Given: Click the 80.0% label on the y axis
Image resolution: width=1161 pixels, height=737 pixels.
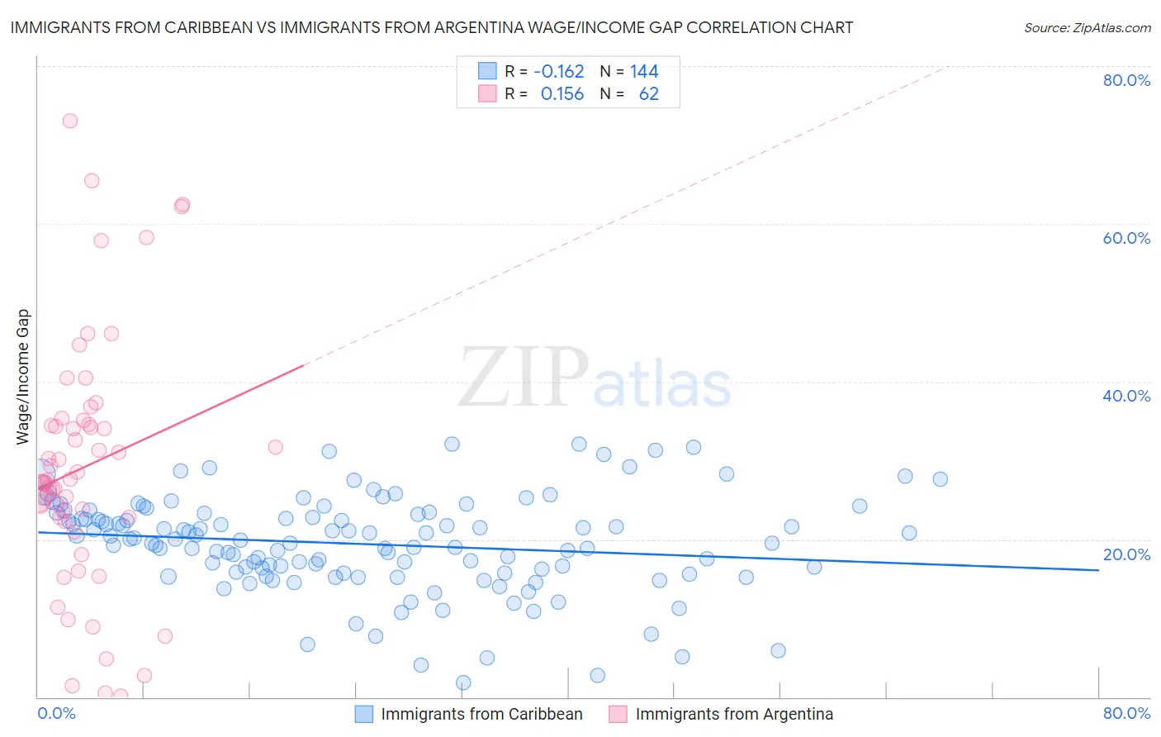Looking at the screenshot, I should pyautogui.click(x=1126, y=80).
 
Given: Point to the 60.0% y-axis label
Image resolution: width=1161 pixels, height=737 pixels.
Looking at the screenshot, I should pyautogui.click(x=1126, y=238).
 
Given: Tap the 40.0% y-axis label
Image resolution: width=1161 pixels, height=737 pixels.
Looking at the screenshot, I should pyautogui.click(x=1126, y=396).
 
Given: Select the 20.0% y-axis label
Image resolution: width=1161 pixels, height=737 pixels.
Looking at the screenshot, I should pyautogui.click(x=1126, y=554).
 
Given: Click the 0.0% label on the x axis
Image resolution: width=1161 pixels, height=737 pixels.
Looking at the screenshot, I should pyautogui.click(x=56, y=713).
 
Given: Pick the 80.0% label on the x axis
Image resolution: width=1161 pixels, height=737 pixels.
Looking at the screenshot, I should pyautogui.click(x=1126, y=713).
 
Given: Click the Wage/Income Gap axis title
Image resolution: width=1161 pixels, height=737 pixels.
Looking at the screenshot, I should pyautogui.click(x=23, y=377).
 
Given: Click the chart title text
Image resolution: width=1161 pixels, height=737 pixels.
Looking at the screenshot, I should pyautogui.click(x=432, y=27).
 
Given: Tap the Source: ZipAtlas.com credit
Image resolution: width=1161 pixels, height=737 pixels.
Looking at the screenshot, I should pyautogui.click(x=1087, y=27).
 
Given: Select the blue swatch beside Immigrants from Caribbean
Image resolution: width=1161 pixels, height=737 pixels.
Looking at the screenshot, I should pyautogui.click(x=364, y=714).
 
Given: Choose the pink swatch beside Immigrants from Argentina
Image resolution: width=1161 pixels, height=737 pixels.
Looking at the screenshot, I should pyautogui.click(x=618, y=714).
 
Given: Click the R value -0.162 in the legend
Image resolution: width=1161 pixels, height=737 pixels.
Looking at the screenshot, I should pyautogui.click(x=559, y=71).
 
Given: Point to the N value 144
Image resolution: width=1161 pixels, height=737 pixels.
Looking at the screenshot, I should pyautogui.click(x=644, y=71).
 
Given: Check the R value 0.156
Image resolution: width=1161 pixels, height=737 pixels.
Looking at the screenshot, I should pyautogui.click(x=562, y=94).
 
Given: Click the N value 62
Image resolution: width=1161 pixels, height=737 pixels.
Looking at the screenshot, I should pyautogui.click(x=649, y=94).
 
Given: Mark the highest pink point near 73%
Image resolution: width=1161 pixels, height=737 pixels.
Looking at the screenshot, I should pyautogui.click(x=70, y=121).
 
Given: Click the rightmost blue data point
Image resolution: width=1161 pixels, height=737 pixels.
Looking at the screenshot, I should pyautogui.click(x=940, y=479).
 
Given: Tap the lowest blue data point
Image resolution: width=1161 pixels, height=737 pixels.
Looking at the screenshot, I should pyautogui.click(x=463, y=682).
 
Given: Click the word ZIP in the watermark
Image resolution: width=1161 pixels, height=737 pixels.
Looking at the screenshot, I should pyautogui.click(x=524, y=378).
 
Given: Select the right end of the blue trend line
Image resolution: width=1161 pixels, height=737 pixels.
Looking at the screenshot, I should pyautogui.click(x=1098, y=570).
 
